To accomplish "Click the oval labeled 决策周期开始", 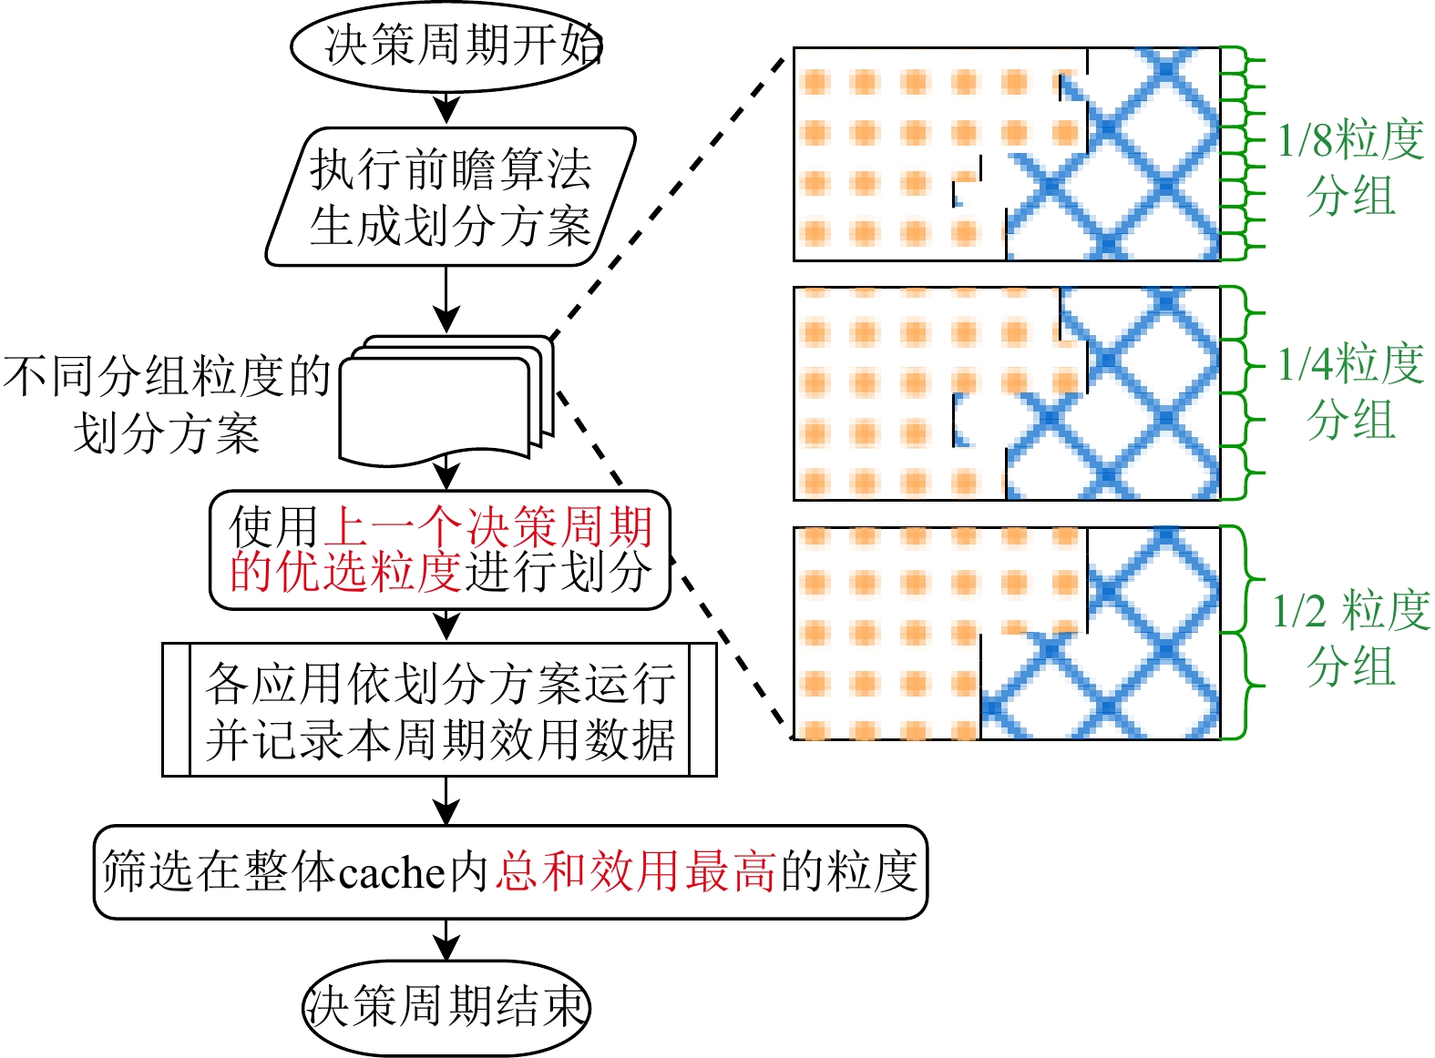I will [446, 46].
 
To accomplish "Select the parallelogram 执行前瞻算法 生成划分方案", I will [450, 197].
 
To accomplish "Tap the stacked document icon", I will [446, 401].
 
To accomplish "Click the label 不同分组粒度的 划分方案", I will [166, 404].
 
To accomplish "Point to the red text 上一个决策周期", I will [489, 526].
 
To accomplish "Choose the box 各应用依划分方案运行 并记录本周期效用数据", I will [439, 710].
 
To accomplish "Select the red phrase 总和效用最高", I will [636, 871].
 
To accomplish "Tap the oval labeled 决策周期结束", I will [446, 1007].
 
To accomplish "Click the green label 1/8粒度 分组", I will [1350, 168].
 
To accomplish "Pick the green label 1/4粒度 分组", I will [1350, 392].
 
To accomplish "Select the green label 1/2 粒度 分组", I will [1350, 637].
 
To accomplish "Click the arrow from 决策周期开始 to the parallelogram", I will [446, 107].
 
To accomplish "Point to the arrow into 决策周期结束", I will [446, 940].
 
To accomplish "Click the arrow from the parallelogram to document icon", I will [446, 300].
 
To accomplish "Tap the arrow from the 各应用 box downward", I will [446, 801].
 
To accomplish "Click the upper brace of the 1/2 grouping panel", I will [1250, 579].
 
